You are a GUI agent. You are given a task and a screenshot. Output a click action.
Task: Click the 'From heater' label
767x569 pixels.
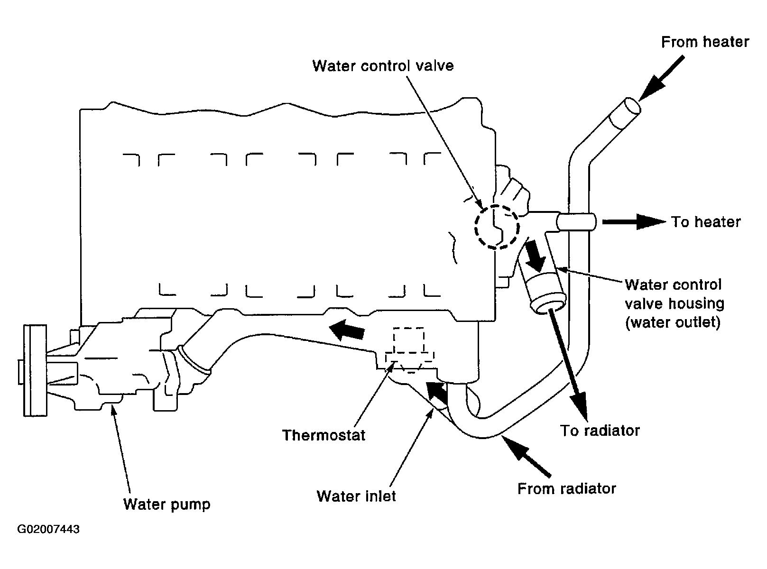tap(705, 42)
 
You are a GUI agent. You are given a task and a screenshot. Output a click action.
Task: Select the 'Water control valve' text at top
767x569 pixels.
tap(383, 66)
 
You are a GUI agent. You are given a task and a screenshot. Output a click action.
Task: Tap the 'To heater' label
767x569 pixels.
tap(705, 222)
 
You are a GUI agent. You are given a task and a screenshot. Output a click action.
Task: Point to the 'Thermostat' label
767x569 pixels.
tap(323, 435)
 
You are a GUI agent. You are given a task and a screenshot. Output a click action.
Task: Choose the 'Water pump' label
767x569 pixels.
tap(167, 505)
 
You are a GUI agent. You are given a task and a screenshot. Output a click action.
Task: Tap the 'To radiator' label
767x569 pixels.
tap(600, 431)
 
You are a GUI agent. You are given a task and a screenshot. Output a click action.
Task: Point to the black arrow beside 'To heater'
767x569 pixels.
tap(634, 222)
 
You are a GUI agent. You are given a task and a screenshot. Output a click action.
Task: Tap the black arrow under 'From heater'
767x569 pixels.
tap(661, 78)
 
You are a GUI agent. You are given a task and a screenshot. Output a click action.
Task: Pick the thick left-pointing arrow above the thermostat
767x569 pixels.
tap(346, 330)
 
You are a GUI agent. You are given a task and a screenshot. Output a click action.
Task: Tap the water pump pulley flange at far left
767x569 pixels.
tap(35, 370)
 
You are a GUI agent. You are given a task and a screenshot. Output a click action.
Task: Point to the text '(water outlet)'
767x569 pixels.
tap(673, 322)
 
